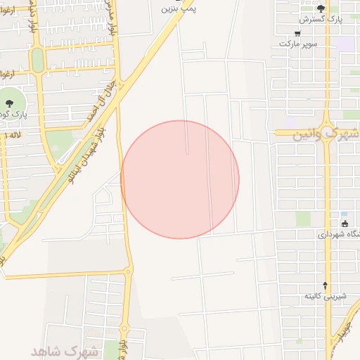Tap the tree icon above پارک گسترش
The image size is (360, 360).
[321, 8]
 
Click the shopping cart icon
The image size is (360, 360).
[297, 33]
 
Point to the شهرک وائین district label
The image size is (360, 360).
[326, 133]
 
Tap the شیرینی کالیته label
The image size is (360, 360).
[324, 297]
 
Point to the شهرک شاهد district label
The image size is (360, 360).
[63, 350]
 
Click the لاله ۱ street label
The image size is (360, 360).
[13, 134]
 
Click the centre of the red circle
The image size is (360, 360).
[180, 179]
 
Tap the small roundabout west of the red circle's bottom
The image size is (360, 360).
[128, 271]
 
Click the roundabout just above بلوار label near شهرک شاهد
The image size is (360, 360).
[124, 326]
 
